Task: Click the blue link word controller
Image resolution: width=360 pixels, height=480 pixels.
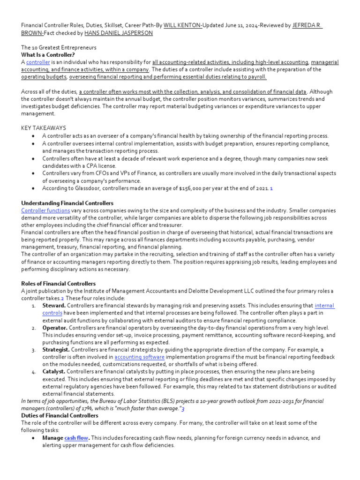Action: tap(38, 62)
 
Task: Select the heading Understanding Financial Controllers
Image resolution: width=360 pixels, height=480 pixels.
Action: tap(67, 203)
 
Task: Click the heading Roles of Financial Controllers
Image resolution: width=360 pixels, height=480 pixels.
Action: tap(58, 284)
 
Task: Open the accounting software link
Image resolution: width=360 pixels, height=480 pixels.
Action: tap(139, 357)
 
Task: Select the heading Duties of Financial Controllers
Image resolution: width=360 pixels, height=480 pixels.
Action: tap(60, 415)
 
